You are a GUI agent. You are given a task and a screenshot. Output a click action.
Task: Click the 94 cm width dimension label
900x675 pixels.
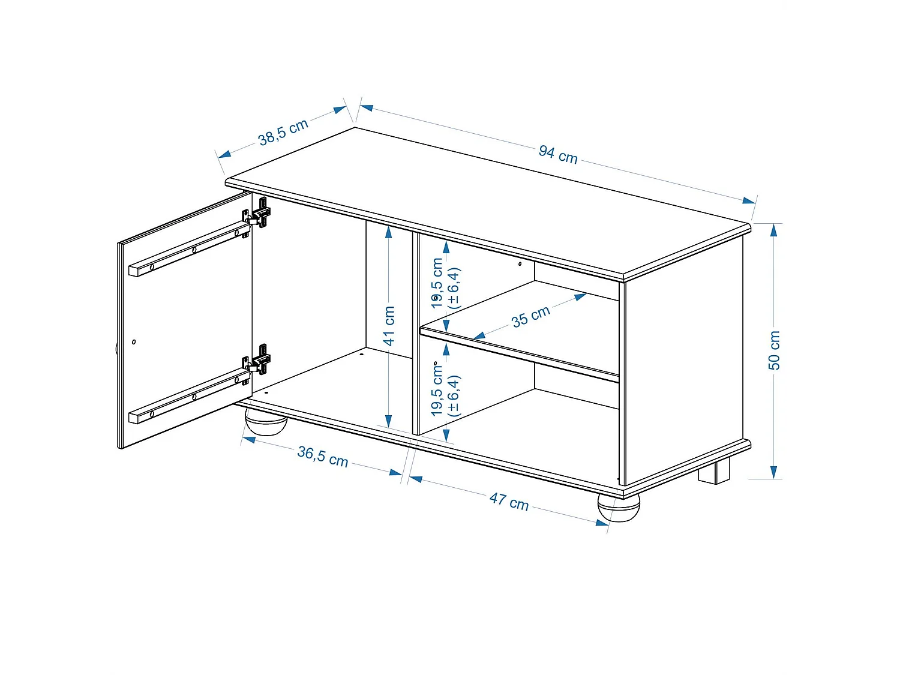(558, 154)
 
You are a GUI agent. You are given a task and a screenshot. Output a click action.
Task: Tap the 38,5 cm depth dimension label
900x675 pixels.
(283, 132)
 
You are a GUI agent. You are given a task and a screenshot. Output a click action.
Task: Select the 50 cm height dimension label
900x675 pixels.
(774, 350)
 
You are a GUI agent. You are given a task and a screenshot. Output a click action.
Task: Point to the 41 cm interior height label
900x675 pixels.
(389, 326)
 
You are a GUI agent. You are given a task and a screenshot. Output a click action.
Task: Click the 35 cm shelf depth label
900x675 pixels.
(531, 316)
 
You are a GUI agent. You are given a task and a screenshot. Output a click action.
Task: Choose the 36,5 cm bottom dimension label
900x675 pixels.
(323, 456)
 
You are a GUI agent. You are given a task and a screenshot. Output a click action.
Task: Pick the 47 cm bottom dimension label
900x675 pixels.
(509, 501)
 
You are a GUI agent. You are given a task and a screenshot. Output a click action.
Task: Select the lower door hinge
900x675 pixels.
(259, 361)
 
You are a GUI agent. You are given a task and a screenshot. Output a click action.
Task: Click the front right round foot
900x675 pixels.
(619, 508)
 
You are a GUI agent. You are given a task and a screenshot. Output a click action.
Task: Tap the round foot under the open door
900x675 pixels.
(265, 422)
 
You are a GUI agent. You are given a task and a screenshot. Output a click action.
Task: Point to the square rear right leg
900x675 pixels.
(714, 472)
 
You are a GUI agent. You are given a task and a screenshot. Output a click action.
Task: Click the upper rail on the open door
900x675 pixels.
(189, 250)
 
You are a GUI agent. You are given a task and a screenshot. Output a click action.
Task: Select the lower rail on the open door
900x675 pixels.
(189, 397)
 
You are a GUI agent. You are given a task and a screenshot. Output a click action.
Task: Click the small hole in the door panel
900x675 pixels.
(134, 342)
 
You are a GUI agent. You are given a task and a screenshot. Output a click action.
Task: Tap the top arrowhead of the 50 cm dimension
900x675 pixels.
(774, 230)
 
